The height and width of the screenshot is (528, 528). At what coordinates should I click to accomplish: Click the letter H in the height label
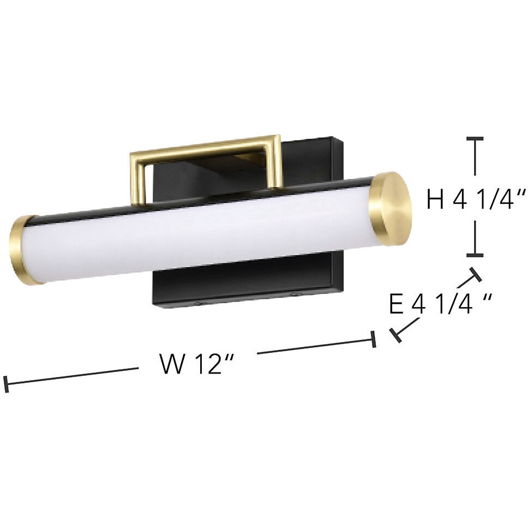click(x=435, y=200)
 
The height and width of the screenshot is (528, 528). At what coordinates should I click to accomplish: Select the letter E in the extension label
click(x=397, y=304)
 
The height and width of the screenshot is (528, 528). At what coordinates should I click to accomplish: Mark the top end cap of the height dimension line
click(x=476, y=140)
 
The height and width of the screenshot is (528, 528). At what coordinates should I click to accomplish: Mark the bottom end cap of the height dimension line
click(x=476, y=255)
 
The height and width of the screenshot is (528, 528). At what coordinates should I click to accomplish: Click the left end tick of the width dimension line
click(x=6, y=384)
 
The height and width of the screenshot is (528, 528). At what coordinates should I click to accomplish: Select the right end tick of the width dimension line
click(x=374, y=339)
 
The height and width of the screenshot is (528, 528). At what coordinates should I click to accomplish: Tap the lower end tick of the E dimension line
click(x=397, y=335)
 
